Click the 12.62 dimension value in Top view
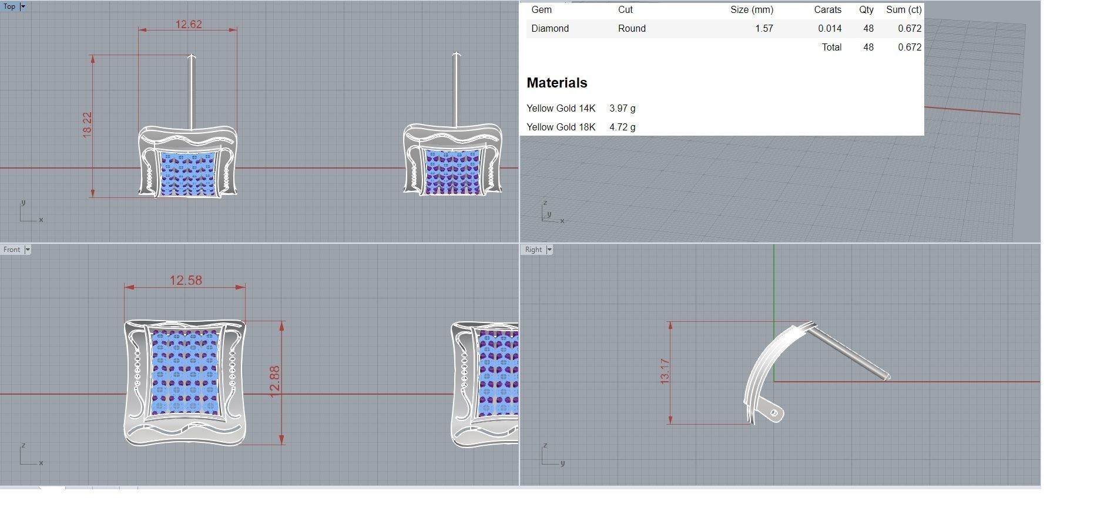[x=188, y=24]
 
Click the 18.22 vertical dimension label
[x=87, y=125]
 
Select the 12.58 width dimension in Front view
[x=186, y=280]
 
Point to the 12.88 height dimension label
[x=275, y=381]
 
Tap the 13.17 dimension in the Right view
[x=665, y=372]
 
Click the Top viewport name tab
[x=9, y=6]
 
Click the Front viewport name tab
[x=11, y=250]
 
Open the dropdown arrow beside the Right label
[x=549, y=250]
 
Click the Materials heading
[x=556, y=83]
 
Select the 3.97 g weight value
[x=622, y=108]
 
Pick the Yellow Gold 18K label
[x=561, y=127]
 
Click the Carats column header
[x=827, y=10]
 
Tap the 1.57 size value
[x=764, y=28]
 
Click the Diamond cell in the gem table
[x=549, y=28]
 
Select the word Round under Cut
[x=632, y=28]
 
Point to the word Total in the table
[x=831, y=47]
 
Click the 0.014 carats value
[x=829, y=28]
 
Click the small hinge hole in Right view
[x=774, y=413]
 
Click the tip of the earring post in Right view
[x=887, y=376]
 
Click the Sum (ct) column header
[x=903, y=10]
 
